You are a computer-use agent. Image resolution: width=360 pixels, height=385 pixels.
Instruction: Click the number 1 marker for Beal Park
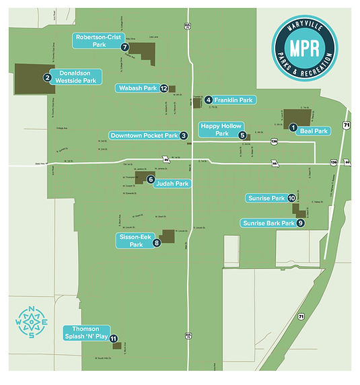[293, 127]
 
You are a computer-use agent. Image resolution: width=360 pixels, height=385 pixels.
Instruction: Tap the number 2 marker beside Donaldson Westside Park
[48, 77]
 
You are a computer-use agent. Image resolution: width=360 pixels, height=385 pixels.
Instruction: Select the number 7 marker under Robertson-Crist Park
[124, 48]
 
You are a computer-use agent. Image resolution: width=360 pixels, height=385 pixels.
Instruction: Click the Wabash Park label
[137, 88]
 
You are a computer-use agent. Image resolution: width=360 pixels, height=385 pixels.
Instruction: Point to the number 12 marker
[164, 88]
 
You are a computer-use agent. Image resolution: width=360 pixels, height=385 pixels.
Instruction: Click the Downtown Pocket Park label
[144, 135]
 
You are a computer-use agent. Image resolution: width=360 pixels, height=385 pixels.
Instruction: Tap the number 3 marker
[183, 135]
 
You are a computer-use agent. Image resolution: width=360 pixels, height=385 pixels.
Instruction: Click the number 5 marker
[242, 135]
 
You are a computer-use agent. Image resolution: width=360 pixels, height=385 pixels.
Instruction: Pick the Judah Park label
[172, 183]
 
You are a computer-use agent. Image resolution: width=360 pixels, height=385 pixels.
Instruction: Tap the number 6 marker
[151, 179]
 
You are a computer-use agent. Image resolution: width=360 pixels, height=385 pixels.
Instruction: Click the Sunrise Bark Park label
[268, 223]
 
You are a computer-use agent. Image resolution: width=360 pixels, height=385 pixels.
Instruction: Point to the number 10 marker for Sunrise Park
[291, 199]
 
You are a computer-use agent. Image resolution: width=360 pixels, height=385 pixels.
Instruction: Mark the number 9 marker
[300, 223]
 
